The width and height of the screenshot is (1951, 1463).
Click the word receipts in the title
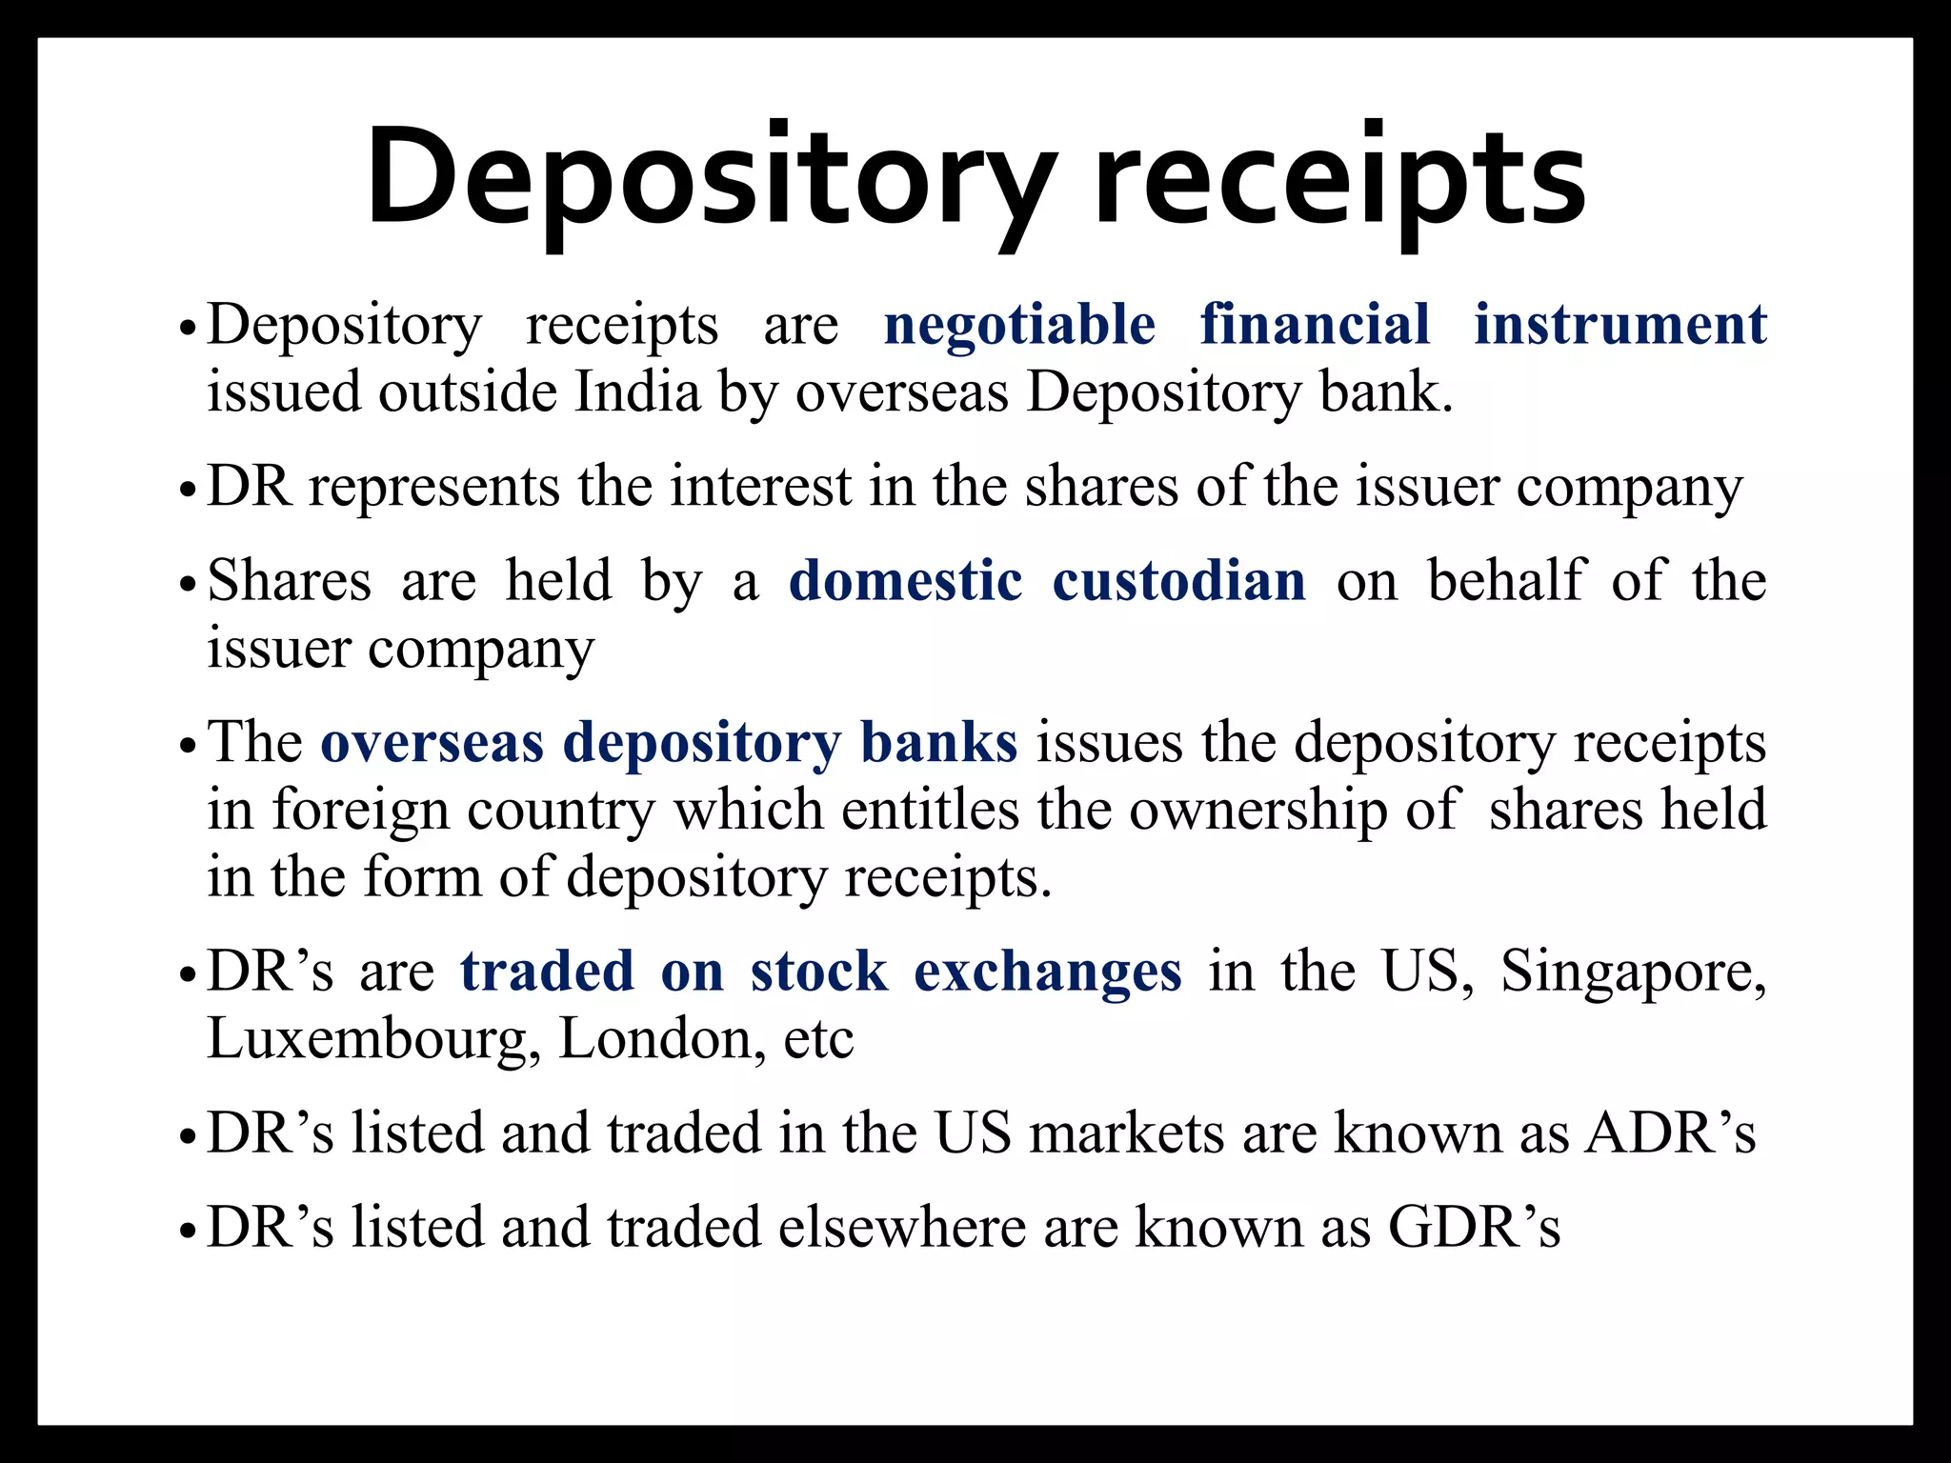coord(1339,181)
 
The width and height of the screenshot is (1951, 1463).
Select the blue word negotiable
coord(1019,325)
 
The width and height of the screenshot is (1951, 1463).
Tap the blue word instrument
coord(1619,325)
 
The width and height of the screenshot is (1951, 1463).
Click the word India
coord(637,391)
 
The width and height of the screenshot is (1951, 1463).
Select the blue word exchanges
coord(1047,972)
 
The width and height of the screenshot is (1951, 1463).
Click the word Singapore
coord(1632,972)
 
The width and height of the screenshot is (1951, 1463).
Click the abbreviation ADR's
coord(1669,1133)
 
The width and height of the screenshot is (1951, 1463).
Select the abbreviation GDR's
coord(1474,1227)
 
